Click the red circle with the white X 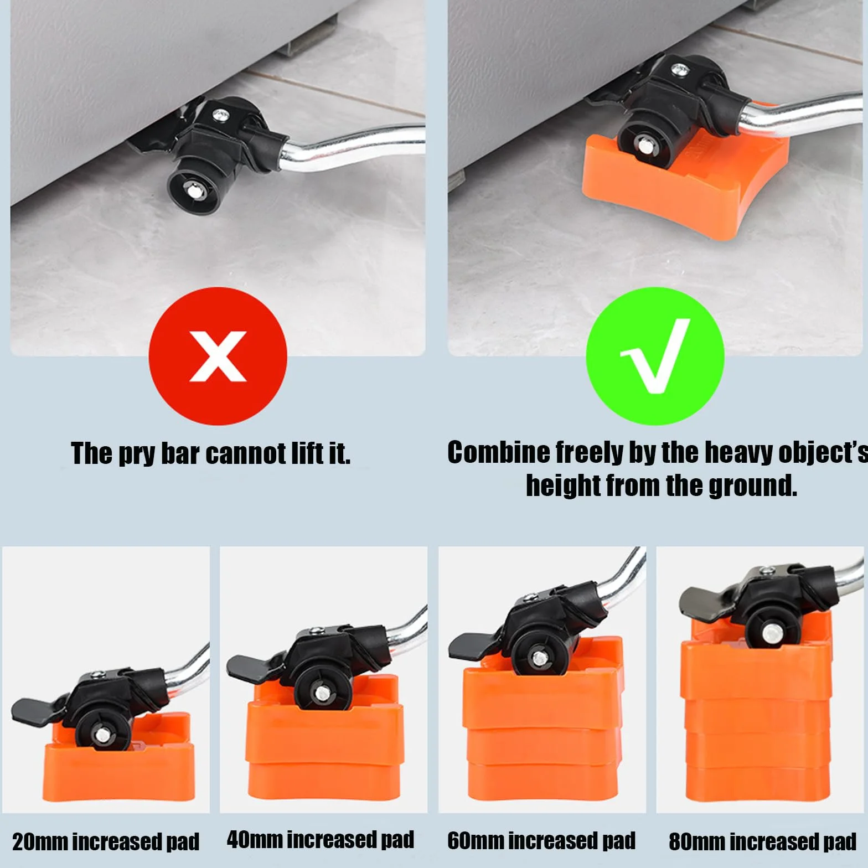click(218, 356)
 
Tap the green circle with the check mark click(655, 356)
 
